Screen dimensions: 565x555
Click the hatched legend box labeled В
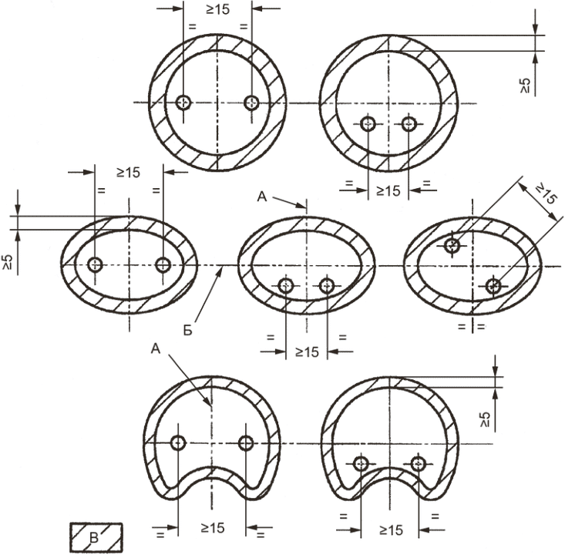coord(96,538)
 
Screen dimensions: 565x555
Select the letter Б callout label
coord(188,331)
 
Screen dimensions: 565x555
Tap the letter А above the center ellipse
coord(262,197)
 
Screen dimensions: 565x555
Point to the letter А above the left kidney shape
coord(155,349)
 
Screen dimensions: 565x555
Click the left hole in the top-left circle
coord(183,103)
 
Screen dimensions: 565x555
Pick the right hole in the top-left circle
coord(251,103)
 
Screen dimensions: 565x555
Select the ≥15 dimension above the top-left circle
coord(217,10)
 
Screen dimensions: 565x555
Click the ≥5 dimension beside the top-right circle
coord(526,85)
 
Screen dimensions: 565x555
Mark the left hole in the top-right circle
coord(368,124)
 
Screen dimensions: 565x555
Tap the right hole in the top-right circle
coord(409,124)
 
